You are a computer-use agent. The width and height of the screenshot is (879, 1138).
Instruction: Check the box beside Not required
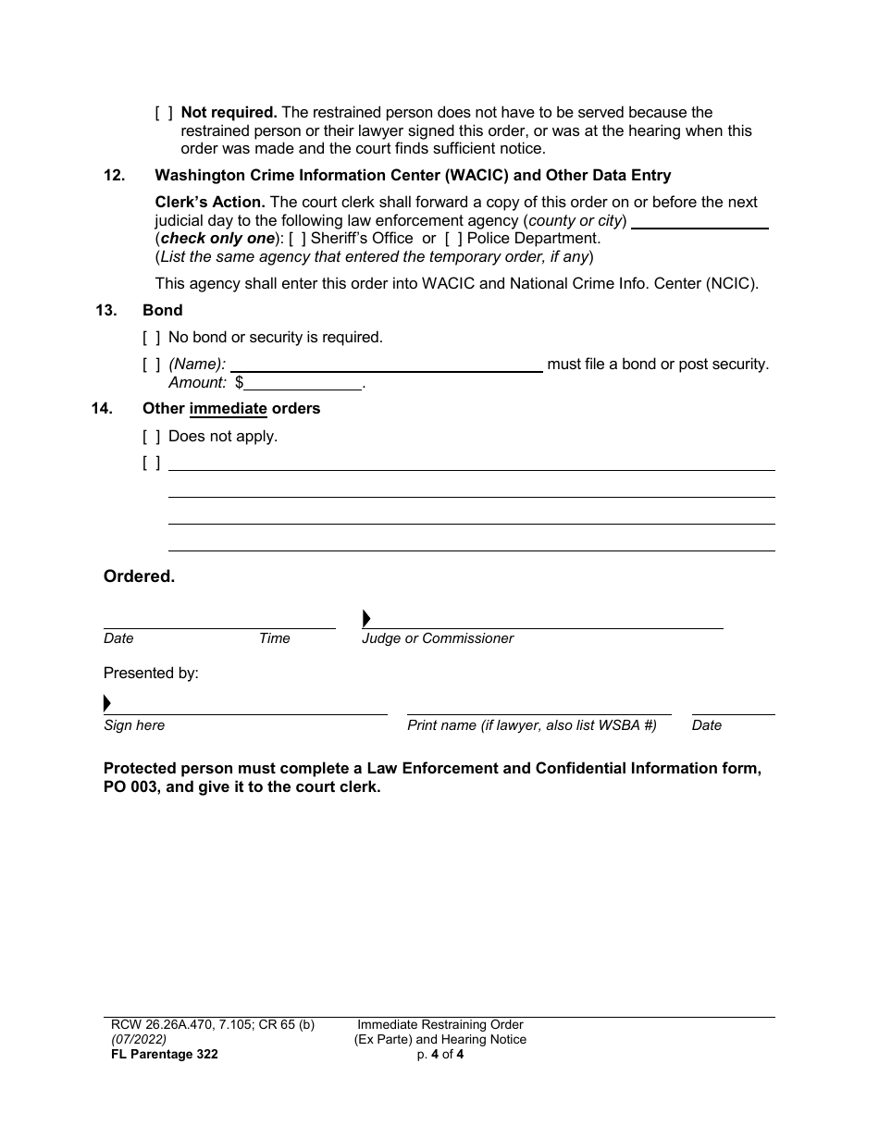point(164,113)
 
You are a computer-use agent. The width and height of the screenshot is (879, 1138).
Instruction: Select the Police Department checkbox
point(454,239)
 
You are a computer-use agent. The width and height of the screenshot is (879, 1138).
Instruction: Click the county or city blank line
point(699,222)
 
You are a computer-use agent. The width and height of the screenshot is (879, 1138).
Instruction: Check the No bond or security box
point(152,338)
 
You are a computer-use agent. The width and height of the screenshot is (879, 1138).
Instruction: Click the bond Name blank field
point(386,365)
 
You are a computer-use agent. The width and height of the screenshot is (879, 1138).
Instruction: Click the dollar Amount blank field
point(303,383)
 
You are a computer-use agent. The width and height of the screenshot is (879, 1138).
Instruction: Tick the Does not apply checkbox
point(152,436)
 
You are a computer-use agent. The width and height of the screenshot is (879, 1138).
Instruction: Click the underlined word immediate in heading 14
point(228,409)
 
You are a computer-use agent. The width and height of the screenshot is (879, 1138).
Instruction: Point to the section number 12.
point(114,176)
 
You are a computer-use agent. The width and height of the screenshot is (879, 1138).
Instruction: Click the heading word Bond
point(163,311)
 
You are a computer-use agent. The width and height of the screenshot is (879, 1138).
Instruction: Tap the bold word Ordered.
point(139,576)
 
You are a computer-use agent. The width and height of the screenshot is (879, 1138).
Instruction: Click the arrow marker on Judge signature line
point(366,619)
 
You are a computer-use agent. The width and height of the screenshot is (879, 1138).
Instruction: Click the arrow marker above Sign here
point(107,702)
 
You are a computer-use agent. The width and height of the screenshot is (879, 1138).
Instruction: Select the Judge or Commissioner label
point(437,638)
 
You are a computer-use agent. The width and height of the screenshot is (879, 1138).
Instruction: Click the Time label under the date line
point(274,638)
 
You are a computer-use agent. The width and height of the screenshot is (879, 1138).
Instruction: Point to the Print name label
point(532,725)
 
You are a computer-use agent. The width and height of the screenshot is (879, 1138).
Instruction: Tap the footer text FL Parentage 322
point(160,1054)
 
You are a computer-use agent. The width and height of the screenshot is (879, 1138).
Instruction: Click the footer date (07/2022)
point(135,1039)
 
